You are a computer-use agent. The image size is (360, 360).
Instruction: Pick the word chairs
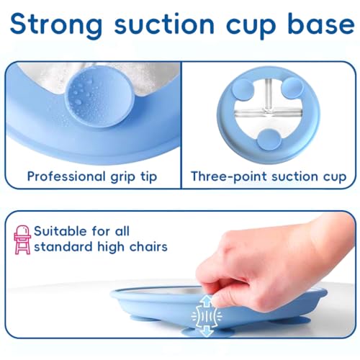[148, 247]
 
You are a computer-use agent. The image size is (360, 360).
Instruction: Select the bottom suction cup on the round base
[267, 140]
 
